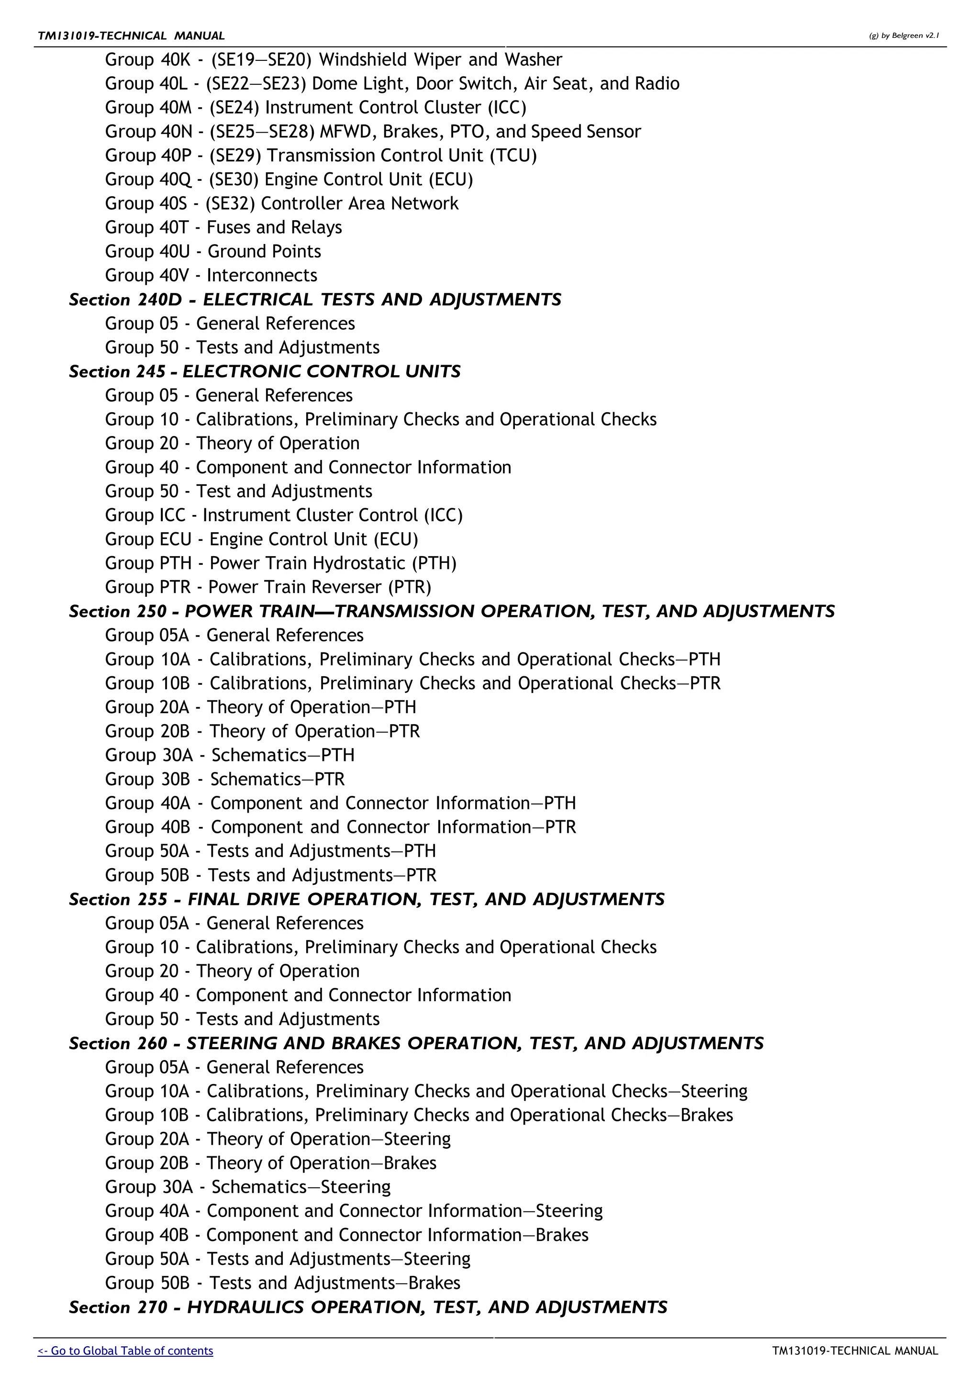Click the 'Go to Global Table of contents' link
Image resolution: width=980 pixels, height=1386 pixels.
point(125,1351)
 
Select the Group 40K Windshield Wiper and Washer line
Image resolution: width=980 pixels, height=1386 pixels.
point(333,60)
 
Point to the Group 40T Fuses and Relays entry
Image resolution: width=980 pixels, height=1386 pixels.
point(223,228)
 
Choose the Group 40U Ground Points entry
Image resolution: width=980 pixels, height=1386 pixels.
point(213,251)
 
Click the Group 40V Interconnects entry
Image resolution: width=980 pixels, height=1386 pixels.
point(211,275)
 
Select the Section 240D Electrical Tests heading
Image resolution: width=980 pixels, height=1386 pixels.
point(315,300)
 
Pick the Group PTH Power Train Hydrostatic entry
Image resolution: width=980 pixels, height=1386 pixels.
point(280,563)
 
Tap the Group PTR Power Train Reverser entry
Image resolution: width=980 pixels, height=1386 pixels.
point(268,587)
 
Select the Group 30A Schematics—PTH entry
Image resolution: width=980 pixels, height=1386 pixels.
point(229,755)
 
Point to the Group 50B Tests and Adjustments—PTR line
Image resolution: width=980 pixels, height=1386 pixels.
point(270,875)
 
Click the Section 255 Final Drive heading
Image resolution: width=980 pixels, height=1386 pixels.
point(366,899)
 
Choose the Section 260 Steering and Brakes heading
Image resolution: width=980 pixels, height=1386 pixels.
point(416,1043)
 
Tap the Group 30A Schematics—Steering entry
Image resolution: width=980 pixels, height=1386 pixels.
point(247,1187)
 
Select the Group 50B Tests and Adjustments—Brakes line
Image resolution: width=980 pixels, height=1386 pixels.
point(282,1283)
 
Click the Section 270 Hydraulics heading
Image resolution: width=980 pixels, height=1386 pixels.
point(367,1307)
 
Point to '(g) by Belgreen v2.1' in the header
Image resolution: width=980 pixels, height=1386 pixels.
point(903,35)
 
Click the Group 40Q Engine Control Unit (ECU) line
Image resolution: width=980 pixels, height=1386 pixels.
point(289,179)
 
